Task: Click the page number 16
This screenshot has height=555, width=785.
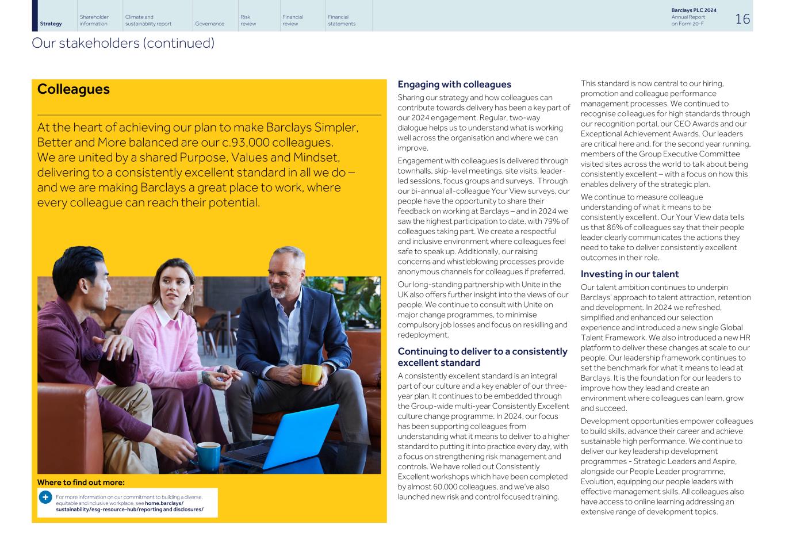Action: [x=742, y=19]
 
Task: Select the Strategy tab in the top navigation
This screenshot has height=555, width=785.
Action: [x=51, y=24]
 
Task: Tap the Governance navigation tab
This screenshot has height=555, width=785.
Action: [x=209, y=24]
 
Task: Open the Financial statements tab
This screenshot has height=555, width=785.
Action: [x=342, y=20]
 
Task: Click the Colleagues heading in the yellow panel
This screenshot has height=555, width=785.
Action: [x=73, y=89]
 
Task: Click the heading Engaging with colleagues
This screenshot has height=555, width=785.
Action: [x=454, y=85]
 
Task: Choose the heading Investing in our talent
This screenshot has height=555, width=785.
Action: [x=629, y=274]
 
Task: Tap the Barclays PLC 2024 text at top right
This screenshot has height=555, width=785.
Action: [x=694, y=10]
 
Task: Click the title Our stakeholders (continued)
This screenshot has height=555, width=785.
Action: [x=123, y=43]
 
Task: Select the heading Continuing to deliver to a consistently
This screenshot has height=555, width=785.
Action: [x=482, y=351]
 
